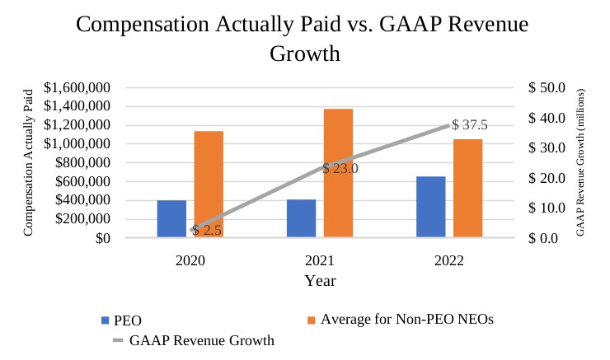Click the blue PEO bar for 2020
pyautogui.click(x=171, y=218)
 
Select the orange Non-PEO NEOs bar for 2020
pyautogui.click(x=209, y=184)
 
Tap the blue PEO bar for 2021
pyautogui.click(x=301, y=218)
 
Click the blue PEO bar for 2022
pyautogui.click(x=430, y=207)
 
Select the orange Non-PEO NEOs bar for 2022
pyautogui.click(x=467, y=188)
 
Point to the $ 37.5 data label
pyautogui.click(x=471, y=125)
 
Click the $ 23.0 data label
pyautogui.click(x=340, y=168)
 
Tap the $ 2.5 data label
pyautogui.click(x=207, y=230)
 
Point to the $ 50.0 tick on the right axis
pyautogui.click(x=546, y=87)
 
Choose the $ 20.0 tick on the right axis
pyautogui.click(x=546, y=178)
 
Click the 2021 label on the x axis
pyautogui.click(x=320, y=260)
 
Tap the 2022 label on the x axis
pyautogui.click(x=448, y=260)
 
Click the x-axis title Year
pyautogui.click(x=320, y=280)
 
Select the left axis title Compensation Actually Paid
pyautogui.click(x=29, y=162)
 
